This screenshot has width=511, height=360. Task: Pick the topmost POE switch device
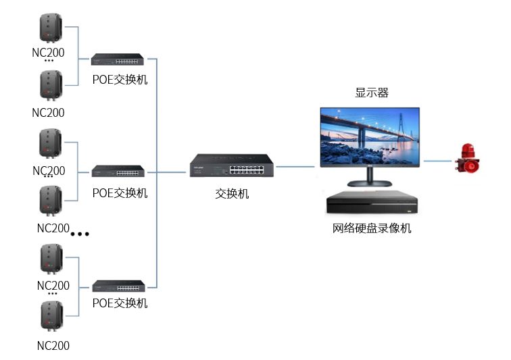[118, 59]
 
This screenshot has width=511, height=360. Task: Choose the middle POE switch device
[118, 171]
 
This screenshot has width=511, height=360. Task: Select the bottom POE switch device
[118, 284]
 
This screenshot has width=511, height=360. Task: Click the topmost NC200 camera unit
[50, 28]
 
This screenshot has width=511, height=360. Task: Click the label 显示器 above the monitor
[372, 93]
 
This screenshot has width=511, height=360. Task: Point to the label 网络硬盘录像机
[372, 228]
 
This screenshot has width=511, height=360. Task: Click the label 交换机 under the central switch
[232, 194]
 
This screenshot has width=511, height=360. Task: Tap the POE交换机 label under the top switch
[120, 79]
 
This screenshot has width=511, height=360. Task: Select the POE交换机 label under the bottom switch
[120, 303]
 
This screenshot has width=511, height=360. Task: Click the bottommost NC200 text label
[53, 346]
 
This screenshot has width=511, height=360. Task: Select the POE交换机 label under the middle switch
[120, 193]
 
